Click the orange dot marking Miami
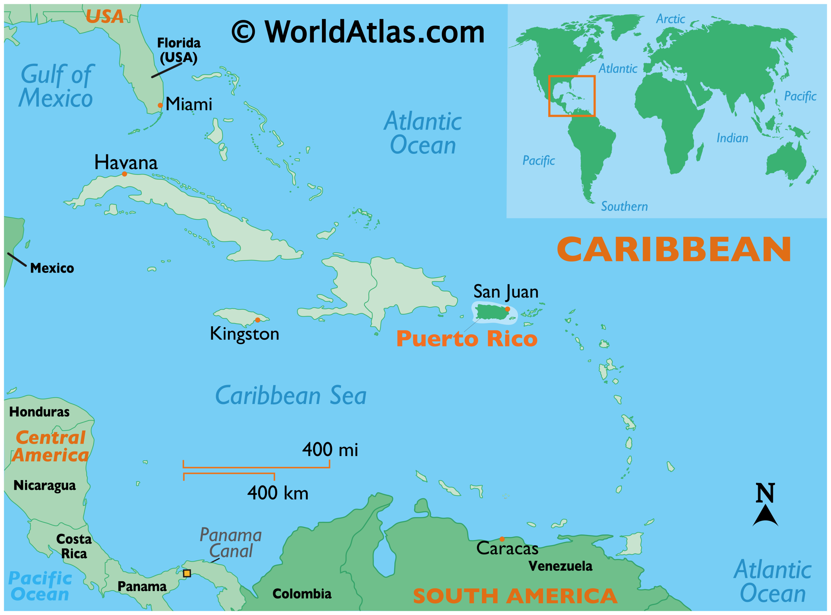(x=160, y=105)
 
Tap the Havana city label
(x=126, y=163)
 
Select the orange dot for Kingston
(x=257, y=320)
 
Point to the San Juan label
(x=506, y=292)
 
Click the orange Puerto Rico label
(x=466, y=339)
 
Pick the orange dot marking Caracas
(x=502, y=539)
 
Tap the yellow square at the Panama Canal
(x=187, y=573)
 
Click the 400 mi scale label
(x=330, y=450)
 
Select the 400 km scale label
(x=278, y=493)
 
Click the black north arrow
(x=765, y=516)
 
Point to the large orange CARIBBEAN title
(x=674, y=250)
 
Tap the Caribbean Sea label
(x=291, y=395)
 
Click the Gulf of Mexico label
(x=56, y=86)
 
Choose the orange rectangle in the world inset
(x=572, y=96)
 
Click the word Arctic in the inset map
(x=670, y=19)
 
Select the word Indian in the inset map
(x=732, y=138)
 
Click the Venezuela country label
(x=560, y=566)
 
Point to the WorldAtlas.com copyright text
(x=358, y=32)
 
